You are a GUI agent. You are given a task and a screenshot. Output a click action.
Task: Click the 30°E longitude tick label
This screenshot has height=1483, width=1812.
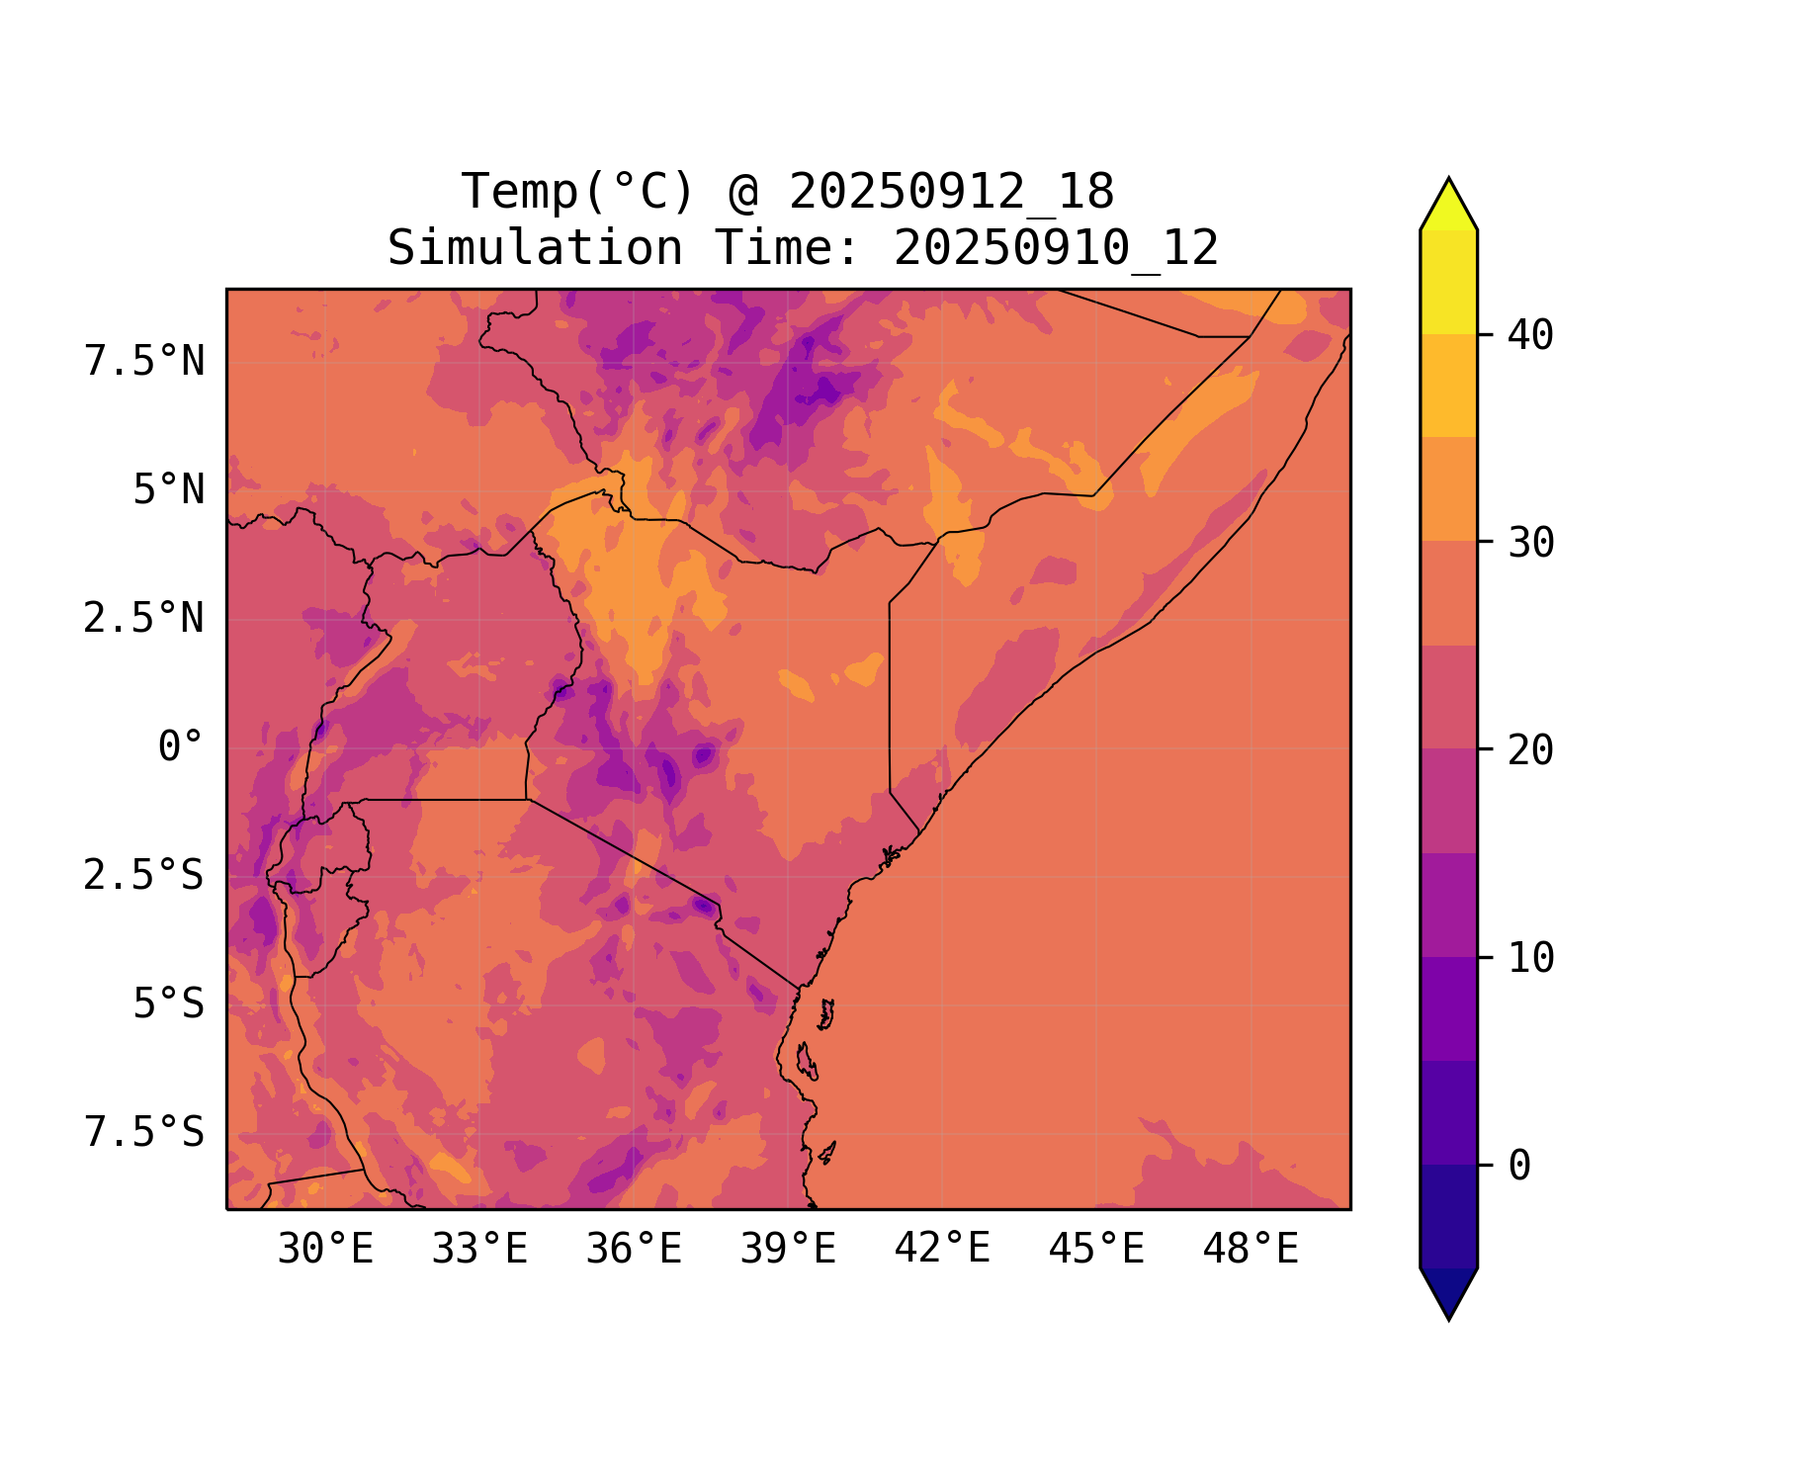[325, 1250]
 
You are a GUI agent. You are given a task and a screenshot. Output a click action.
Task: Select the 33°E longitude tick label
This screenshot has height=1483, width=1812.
[479, 1250]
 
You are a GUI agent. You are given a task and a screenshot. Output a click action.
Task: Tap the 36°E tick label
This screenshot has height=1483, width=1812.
[634, 1250]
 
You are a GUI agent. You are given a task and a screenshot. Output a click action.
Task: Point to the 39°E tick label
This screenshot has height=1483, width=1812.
[788, 1250]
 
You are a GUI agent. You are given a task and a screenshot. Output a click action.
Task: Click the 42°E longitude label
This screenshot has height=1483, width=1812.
[942, 1250]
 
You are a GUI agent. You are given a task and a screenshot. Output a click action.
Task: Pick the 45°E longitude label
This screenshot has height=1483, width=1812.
[1096, 1250]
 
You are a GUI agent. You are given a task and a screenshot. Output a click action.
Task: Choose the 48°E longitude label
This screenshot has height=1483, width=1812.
[1251, 1250]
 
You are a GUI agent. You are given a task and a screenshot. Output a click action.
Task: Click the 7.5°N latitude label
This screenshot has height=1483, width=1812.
[144, 362]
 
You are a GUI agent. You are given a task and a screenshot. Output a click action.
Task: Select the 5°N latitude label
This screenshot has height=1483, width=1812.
[169, 490]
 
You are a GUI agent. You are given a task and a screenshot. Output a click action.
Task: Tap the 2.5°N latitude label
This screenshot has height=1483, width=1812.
[144, 619]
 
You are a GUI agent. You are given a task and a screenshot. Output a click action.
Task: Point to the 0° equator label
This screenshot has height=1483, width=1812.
[181, 747]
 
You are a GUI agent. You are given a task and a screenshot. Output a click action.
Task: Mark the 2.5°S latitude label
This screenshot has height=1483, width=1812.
[144, 876]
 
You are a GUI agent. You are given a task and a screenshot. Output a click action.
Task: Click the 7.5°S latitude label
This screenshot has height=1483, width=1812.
[144, 1133]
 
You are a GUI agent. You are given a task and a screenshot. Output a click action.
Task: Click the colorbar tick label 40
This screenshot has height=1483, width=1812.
[1530, 335]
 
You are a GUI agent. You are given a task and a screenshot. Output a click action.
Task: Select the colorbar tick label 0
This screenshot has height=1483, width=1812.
[1519, 1167]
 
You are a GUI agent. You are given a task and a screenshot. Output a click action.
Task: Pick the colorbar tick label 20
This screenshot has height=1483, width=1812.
[1530, 750]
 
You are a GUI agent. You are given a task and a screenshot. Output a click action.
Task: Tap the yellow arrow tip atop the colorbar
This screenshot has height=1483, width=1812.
[1448, 203]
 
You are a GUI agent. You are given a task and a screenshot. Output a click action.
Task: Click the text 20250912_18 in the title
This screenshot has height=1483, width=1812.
[951, 192]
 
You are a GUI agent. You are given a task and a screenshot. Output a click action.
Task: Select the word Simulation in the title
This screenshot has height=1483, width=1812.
[535, 248]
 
